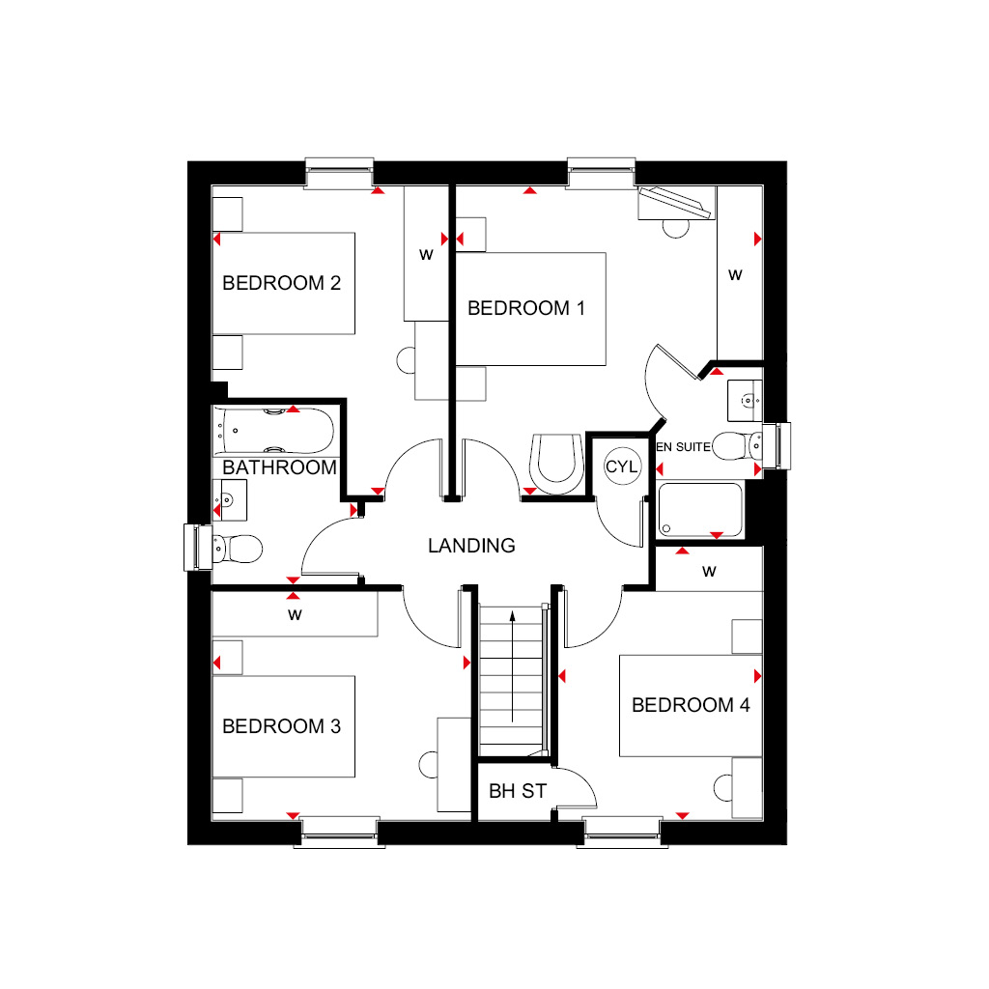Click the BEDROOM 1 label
click(x=526, y=308)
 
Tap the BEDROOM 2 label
click(x=281, y=283)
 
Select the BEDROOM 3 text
click(x=281, y=726)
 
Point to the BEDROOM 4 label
click(x=691, y=704)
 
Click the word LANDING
click(x=471, y=546)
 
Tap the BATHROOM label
click(x=279, y=467)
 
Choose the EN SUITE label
click(x=683, y=447)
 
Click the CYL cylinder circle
click(x=622, y=466)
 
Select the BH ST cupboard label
click(x=518, y=791)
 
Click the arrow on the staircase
click(x=512, y=666)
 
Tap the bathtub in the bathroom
click(x=274, y=431)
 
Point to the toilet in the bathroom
click(x=238, y=549)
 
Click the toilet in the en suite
click(x=737, y=446)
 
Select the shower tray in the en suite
click(x=700, y=510)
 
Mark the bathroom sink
click(x=230, y=500)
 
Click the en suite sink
click(x=745, y=401)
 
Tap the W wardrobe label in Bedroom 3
click(x=295, y=615)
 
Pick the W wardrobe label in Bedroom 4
click(x=709, y=572)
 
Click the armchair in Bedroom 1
click(x=556, y=464)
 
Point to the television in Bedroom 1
click(x=675, y=204)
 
